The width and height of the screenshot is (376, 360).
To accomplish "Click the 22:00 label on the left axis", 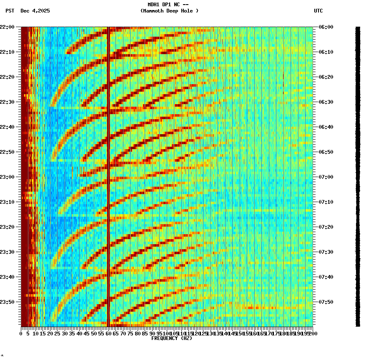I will [x=7, y=27].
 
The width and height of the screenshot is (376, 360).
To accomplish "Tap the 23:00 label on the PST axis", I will [x=7, y=177].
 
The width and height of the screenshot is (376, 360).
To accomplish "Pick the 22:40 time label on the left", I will [x=7, y=127].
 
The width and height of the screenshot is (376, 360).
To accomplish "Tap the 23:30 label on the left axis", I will [x=7, y=252].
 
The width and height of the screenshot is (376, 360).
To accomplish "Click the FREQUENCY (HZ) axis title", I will [x=171, y=338].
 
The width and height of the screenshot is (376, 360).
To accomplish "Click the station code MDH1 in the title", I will [x=155, y=5].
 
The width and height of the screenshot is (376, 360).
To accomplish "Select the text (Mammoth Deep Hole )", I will [x=169, y=11].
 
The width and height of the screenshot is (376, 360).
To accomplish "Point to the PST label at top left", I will [x=10, y=11].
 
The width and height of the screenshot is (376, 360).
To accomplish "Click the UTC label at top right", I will [x=318, y=11].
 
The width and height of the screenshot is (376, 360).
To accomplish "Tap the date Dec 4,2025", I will [x=35, y=11].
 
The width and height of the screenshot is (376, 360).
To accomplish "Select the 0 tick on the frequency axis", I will [x=21, y=334].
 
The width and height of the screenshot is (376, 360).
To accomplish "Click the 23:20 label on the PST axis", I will [x=7, y=227].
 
